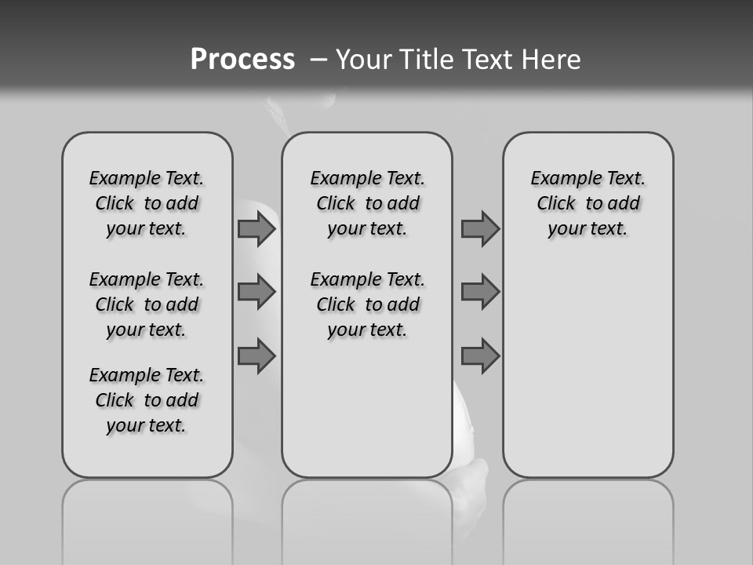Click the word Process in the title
242,60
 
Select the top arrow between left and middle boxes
256,229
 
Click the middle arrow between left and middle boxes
256,292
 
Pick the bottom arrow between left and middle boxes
256,356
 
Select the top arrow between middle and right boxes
480,229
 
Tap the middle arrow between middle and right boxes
480,292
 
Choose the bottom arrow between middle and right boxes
480,356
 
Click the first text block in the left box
147,203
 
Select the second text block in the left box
147,304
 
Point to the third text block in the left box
147,400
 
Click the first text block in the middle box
368,203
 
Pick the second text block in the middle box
368,304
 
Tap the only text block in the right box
588,203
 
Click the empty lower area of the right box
588,369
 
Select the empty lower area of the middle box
367,408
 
